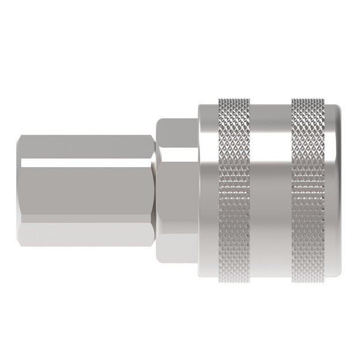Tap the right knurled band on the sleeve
click(309, 180)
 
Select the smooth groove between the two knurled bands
click(272, 180)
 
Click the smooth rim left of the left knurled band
click(207, 180)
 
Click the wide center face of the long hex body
click(86, 190)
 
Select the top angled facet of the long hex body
click(86, 147)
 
